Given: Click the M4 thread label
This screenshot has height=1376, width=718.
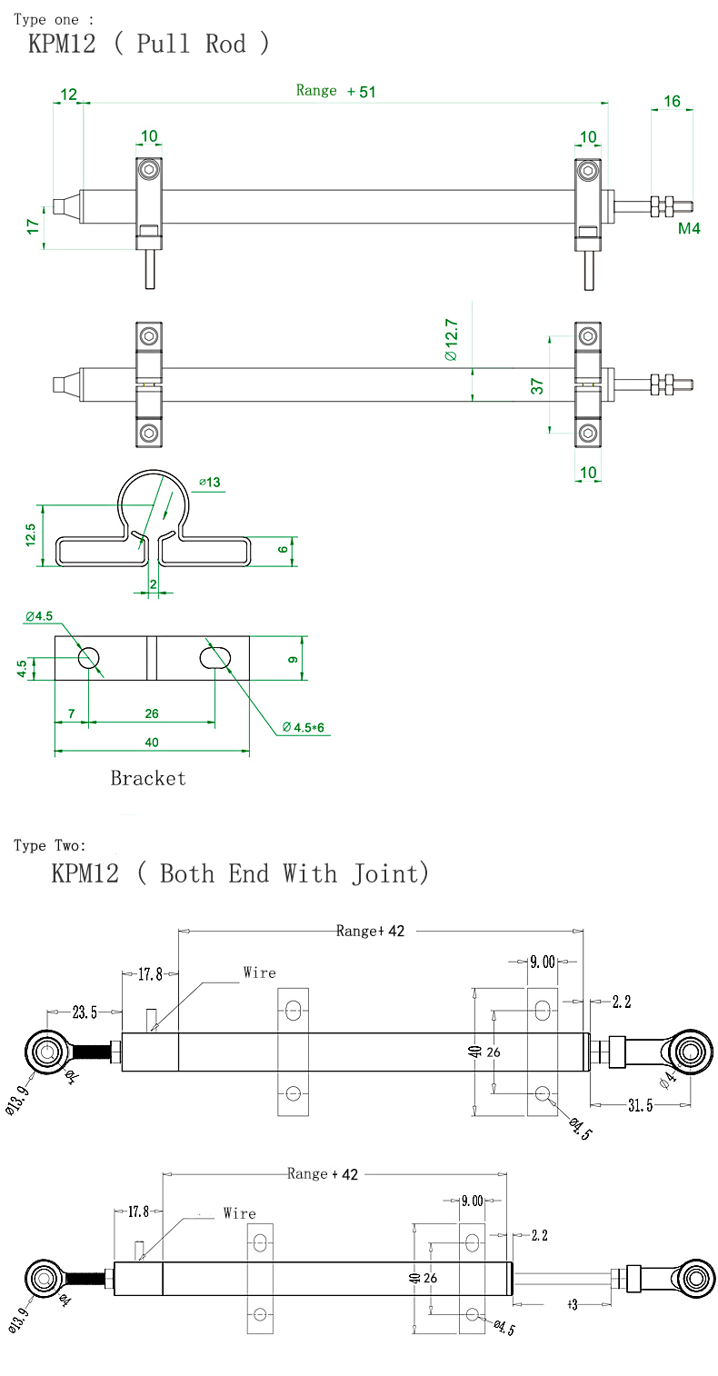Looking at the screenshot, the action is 689,228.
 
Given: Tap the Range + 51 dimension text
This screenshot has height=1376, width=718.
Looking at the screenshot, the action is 335,91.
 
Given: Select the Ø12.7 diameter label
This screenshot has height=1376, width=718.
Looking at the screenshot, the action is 451,340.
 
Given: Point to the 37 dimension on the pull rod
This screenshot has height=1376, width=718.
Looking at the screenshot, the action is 537,386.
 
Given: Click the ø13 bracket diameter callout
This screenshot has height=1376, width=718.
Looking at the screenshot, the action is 209,483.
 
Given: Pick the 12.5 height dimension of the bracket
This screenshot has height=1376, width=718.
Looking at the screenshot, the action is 30,535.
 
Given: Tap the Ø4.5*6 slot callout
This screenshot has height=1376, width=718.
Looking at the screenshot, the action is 303,727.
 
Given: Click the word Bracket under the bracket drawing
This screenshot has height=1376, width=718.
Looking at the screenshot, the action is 148,778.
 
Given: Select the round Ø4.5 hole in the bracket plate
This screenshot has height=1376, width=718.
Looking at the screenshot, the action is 88,657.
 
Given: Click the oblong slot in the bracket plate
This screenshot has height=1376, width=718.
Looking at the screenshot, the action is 215,657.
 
